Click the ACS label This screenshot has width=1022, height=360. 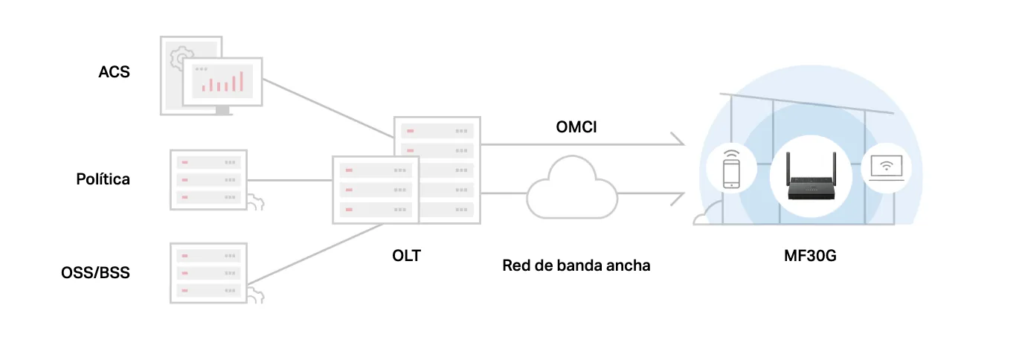coord(114,71)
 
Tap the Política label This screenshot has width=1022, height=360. coord(103,179)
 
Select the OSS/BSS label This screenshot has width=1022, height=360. coord(95,272)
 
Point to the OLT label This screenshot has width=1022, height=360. coord(406,256)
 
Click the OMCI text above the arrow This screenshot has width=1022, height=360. coord(576,127)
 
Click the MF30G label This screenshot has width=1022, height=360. coord(810,256)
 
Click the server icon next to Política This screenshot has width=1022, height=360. coord(208,180)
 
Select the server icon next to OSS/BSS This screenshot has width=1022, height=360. coord(208,273)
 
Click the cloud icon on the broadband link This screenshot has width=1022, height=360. coord(572,187)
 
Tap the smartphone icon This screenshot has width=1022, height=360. coord(731,169)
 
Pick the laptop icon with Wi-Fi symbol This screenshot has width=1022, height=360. coord(886,168)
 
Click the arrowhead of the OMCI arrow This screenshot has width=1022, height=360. coord(680,139)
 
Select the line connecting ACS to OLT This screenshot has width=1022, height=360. coord(328,108)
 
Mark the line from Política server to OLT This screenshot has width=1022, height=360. coord(290,180)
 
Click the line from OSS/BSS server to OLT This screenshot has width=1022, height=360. coord(315,254)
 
